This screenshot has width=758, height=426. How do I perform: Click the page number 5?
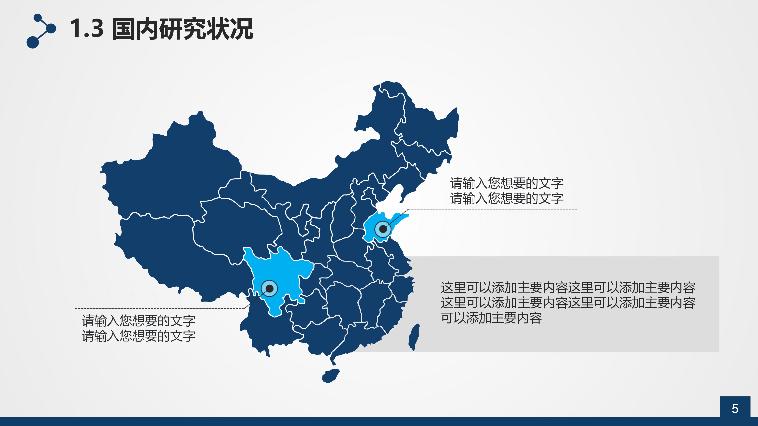pos(735,409)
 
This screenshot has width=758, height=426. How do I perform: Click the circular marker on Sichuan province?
pos(269,288)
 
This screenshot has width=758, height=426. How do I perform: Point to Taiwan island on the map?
pos(414,337)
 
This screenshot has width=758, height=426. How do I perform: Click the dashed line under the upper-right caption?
pos(491,209)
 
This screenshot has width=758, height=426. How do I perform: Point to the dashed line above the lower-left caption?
pos(159,308)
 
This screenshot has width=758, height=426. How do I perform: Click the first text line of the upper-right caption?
pos(506,183)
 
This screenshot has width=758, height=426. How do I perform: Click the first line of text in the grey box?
pos(568,288)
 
